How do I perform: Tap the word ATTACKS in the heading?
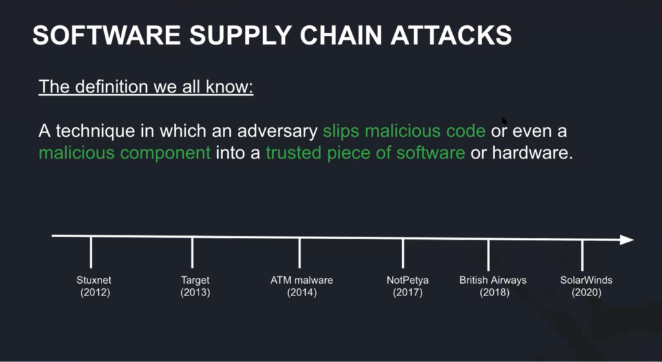coord(451,35)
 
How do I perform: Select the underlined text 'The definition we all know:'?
coord(145,87)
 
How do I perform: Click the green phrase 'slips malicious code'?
coord(404,131)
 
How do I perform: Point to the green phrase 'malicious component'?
coord(125,153)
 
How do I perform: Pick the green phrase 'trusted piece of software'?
coord(365,153)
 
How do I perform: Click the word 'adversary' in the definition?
coord(277,131)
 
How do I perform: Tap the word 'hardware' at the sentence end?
coord(532,153)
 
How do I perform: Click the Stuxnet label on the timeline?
coord(94,280)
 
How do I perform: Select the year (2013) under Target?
coord(195,292)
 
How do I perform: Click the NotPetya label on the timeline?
coord(407,281)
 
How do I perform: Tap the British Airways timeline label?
coord(493,280)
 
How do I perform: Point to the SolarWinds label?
coord(586,280)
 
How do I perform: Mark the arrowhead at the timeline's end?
coord(627,240)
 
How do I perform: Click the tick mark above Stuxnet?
coord(91,252)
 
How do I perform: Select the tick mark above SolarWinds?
coord(582,255)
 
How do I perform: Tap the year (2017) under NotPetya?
coord(407,292)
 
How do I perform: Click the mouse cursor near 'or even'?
coord(504,122)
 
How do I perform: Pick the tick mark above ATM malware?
coord(299,253)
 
